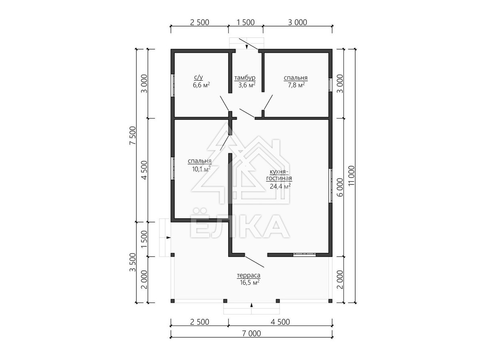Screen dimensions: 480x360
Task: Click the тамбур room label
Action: coord(245,78)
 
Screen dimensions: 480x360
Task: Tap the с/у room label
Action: coord(198,77)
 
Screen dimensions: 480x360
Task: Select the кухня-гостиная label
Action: coord(279,175)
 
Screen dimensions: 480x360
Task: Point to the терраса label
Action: coord(249,276)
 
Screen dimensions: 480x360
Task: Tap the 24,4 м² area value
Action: coord(280,186)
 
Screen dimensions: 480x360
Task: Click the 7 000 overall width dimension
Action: coord(252,334)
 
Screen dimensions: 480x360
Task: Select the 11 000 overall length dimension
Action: coord(352,176)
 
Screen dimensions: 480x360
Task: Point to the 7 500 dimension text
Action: coord(133,136)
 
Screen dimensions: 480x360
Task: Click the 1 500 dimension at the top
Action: coord(246,22)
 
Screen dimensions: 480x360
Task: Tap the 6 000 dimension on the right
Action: coord(340,187)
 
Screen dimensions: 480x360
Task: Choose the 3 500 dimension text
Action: coord(133,262)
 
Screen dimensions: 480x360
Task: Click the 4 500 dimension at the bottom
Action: coord(280,322)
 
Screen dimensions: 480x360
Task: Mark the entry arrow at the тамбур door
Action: coord(247,46)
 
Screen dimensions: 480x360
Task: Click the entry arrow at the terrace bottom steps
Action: coord(252,305)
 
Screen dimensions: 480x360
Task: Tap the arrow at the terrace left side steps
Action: coord(168,238)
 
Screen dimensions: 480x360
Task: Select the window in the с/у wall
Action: coord(172,85)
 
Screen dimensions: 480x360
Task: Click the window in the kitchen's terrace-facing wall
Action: coord(304,254)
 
